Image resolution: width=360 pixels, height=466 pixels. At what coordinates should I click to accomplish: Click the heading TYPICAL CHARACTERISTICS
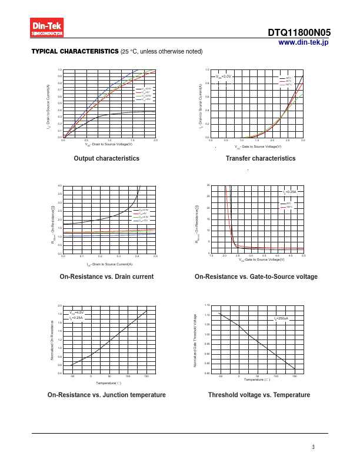[75, 52]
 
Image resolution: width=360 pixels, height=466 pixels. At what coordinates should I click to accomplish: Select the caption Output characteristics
[106, 158]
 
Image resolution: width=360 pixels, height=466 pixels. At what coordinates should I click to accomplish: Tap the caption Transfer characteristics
[261, 158]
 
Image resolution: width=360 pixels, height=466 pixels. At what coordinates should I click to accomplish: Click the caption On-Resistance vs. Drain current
[106, 277]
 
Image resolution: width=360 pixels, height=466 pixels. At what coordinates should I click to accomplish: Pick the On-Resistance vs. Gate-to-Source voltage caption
[256, 277]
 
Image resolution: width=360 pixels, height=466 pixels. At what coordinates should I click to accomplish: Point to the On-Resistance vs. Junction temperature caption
[106, 395]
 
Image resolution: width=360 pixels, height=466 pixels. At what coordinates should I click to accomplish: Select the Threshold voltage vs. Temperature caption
[259, 395]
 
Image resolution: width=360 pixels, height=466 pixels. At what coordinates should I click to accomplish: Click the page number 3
[314, 447]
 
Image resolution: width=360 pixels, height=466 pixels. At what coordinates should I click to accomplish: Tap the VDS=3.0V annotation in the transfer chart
[224, 76]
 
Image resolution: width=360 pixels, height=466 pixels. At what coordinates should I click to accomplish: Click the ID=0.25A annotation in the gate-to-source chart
[290, 192]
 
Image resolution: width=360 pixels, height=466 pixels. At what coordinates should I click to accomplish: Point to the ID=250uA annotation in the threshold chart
[281, 318]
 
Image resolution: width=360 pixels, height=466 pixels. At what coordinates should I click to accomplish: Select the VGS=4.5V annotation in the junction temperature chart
[76, 312]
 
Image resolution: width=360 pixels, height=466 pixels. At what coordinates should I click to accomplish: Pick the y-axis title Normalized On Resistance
[52, 339]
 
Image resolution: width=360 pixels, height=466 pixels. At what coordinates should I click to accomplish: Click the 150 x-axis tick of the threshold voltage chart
[294, 375]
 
